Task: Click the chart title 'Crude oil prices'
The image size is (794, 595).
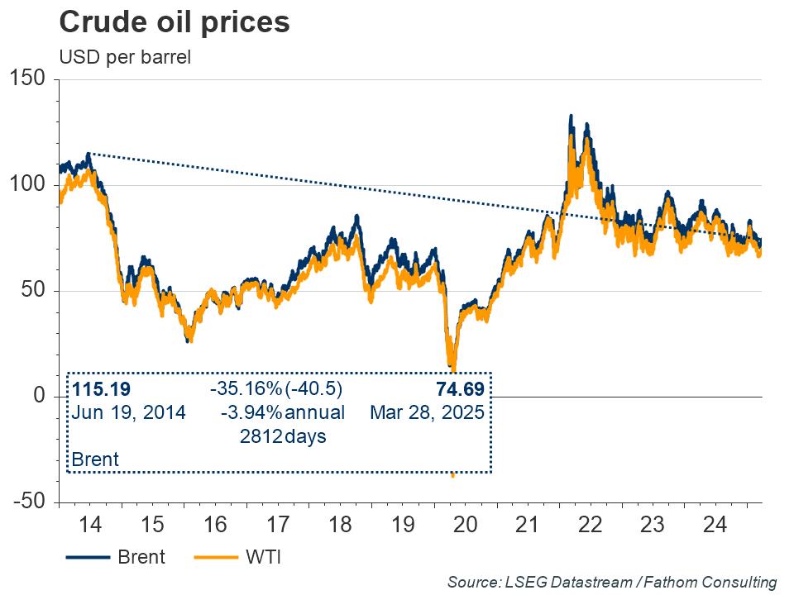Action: point(175,22)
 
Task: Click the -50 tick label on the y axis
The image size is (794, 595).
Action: point(30,502)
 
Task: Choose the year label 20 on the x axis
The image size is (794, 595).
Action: point(465,525)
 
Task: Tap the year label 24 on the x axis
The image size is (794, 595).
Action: point(715,525)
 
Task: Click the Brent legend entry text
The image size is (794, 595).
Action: point(141,557)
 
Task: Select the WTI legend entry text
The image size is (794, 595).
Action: point(263,557)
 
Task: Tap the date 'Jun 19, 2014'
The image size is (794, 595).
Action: point(129,412)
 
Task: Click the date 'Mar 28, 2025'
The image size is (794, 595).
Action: point(426,412)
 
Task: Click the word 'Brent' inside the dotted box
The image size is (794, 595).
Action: point(96,459)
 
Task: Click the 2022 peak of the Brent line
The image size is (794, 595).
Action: point(571,117)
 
